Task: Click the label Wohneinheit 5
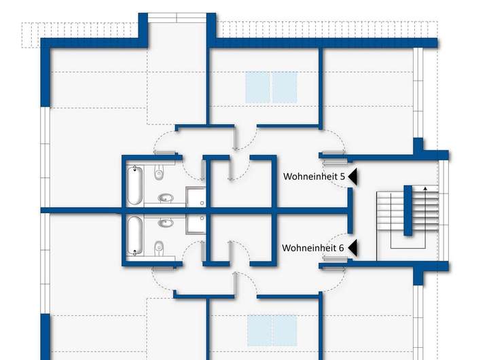(x=314, y=177)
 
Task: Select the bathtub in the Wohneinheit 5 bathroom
(x=134, y=185)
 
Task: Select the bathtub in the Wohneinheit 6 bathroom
(x=134, y=236)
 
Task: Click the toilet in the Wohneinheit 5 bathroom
(x=159, y=173)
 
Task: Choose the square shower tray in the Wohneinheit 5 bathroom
(x=196, y=197)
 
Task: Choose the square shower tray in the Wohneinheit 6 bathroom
(x=196, y=223)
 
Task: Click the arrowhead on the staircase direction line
(x=425, y=187)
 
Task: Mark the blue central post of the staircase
(x=409, y=210)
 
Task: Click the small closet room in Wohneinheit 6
(x=228, y=238)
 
